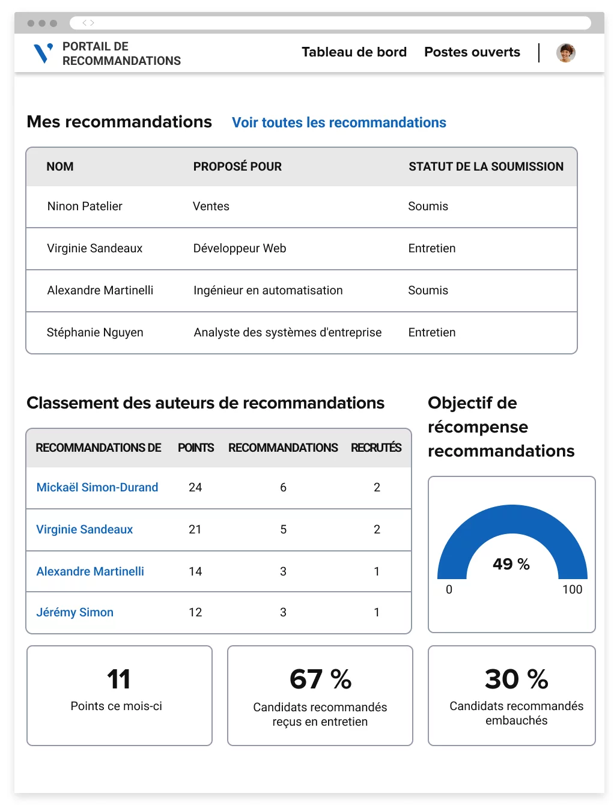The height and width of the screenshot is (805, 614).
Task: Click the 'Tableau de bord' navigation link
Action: pos(354,52)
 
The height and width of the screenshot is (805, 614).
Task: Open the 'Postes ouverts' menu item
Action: pos(472,52)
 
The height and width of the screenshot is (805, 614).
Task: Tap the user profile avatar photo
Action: pos(565,53)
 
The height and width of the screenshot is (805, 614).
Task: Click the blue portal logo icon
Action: pos(43,53)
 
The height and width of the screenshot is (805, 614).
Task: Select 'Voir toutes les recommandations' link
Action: pos(339,123)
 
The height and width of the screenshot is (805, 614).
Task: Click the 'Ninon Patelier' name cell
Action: pos(85,206)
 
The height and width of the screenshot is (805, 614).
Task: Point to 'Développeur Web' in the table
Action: pos(240,248)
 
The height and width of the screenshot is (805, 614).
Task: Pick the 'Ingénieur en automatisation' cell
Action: pos(268,290)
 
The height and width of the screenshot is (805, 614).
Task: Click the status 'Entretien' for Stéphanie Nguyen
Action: pos(431,332)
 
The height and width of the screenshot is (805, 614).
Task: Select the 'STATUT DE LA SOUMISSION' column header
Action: pos(486,166)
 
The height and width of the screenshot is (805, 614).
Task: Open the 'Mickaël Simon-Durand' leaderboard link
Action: pos(97,487)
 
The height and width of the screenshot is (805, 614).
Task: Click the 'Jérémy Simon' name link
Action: pos(75,612)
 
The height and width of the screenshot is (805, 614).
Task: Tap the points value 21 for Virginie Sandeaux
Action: pos(195,529)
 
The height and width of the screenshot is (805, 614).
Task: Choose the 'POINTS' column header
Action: pos(196,448)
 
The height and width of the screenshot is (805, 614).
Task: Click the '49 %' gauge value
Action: pos(511,563)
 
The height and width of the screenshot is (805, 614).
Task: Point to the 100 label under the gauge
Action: pos(572,589)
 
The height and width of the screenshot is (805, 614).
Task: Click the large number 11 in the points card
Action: pos(119,679)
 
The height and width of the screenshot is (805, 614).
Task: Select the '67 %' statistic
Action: pos(320,679)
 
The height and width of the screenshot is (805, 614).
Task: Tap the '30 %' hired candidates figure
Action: pos(516,679)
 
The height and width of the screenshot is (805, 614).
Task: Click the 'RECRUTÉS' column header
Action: pos(376,448)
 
